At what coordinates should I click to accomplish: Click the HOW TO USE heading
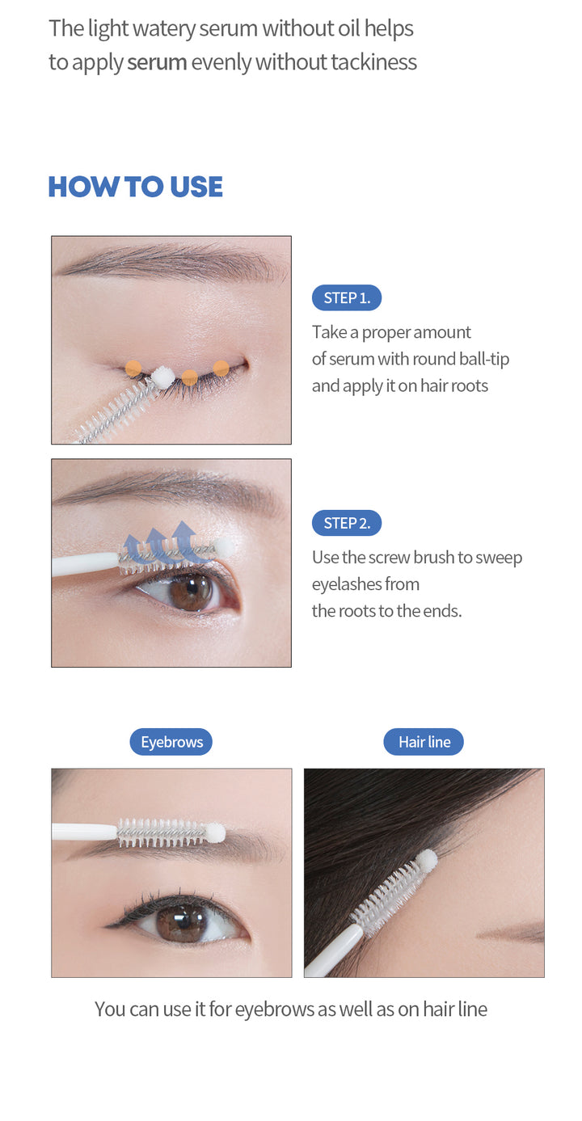(x=135, y=187)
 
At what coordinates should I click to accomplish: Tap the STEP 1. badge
(x=346, y=297)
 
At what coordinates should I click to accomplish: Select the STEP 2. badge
(x=346, y=523)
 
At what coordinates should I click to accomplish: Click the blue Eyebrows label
(x=171, y=742)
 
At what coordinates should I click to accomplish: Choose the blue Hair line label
(x=424, y=742)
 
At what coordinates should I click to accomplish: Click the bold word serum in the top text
(x=157, y=62)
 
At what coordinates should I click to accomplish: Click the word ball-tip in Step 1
(x=483, y=359)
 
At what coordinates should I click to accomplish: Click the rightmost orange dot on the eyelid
(x=221, y=368)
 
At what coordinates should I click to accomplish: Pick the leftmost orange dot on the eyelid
(x=133, y=368)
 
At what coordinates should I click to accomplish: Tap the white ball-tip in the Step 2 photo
(x=225, y=547)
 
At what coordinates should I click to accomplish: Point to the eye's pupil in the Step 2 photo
(x=192, y=592)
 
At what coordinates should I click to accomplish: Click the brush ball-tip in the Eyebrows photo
(x=215, y=832)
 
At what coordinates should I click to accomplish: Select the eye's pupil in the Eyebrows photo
(x=183, y=924)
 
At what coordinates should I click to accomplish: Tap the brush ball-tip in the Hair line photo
(x=427, y=859)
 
